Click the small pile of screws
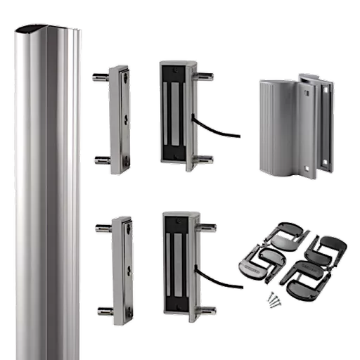click(x=271, y=300)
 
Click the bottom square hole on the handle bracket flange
click(x=324, y=162)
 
